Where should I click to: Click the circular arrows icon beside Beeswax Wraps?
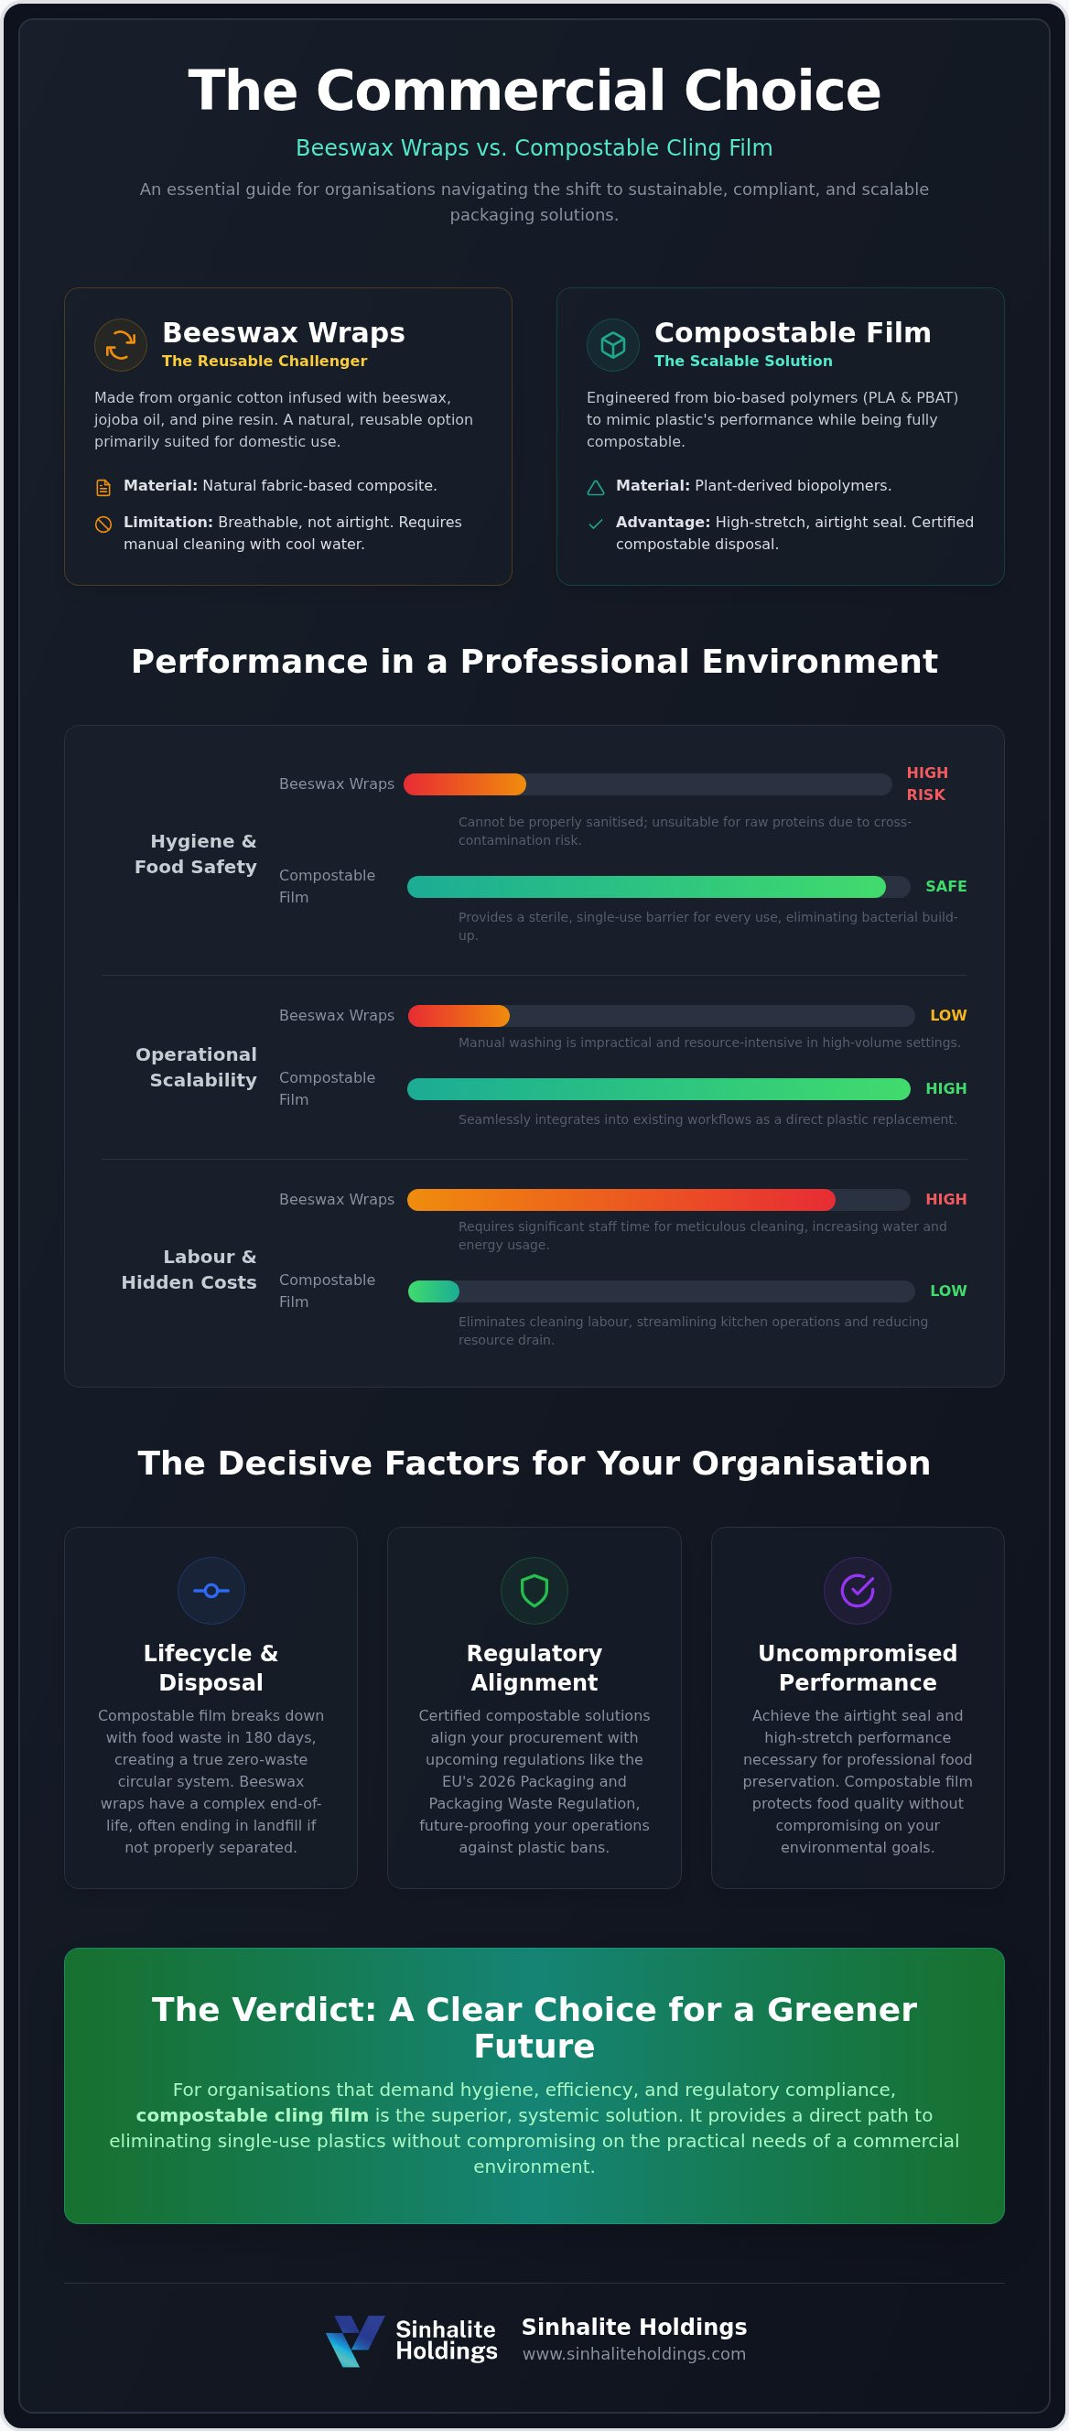click(x=121, y=345)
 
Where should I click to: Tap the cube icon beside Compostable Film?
click(x=613, y=345)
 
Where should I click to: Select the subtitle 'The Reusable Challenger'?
click(x=265, y=361)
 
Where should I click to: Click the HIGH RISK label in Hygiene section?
click(x=926, y=783)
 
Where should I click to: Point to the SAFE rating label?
click(x=945, y=886)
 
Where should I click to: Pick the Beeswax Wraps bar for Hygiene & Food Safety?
click(x=465, y=784)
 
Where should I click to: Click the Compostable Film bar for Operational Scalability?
click(x=659, y=1089)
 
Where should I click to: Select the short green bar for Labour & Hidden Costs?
click(x=434, y=1291)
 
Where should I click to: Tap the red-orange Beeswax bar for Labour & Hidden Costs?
click(x=621, y=1199)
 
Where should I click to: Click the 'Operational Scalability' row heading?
click(x=196, y=1067)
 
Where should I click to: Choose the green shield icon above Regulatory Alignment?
click(x=534, y=1590)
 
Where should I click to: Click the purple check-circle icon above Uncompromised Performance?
click(x=858, y=1590)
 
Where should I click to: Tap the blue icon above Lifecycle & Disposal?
click(x=211, y=1590)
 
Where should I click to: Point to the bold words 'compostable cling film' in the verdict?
click(x=252, y=2115)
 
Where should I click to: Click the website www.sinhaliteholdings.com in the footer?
click(x=634, y=2353)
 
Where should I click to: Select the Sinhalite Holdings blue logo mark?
click(x=355, y=2340)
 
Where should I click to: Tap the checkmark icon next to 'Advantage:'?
click(x=595, y=524)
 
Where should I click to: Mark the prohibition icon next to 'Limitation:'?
click(x=103, y=524)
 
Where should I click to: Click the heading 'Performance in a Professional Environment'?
click(x=534, y=662)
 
